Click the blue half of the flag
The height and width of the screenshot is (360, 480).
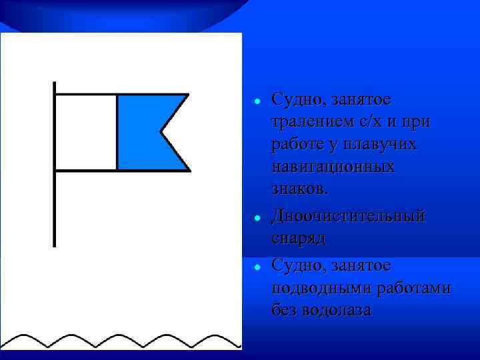pyautogui.click(x=140, y=132)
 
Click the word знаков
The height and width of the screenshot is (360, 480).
pyautogui.click(x=299, y=189)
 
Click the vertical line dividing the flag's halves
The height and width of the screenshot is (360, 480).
pyautogui.click(x=117, y=132)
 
